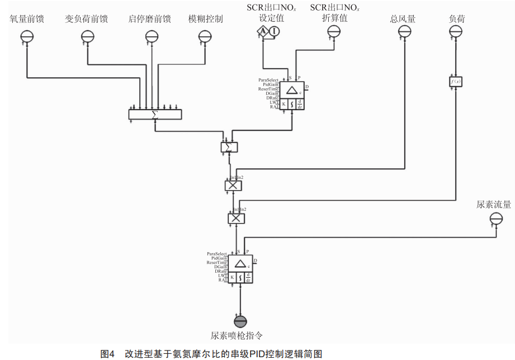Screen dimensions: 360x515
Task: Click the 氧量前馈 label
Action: point(27,19)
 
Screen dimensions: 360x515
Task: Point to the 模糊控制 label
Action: point(205,19)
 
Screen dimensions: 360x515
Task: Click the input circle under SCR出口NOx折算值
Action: point(333,32)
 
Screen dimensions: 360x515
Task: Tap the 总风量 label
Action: point(403,19)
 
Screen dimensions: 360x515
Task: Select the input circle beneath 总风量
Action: point(404,32)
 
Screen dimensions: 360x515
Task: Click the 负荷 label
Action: point(457,19)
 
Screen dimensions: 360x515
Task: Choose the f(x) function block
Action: point(456,82)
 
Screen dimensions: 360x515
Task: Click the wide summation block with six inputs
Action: point(155,114)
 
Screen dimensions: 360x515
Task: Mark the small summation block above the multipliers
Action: point(229,147)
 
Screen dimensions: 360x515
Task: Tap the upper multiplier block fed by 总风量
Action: point(233,186)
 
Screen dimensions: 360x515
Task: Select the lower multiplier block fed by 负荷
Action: point(237,219)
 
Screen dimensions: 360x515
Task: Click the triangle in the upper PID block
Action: point(291,91)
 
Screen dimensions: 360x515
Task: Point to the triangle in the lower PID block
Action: point(240,264)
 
